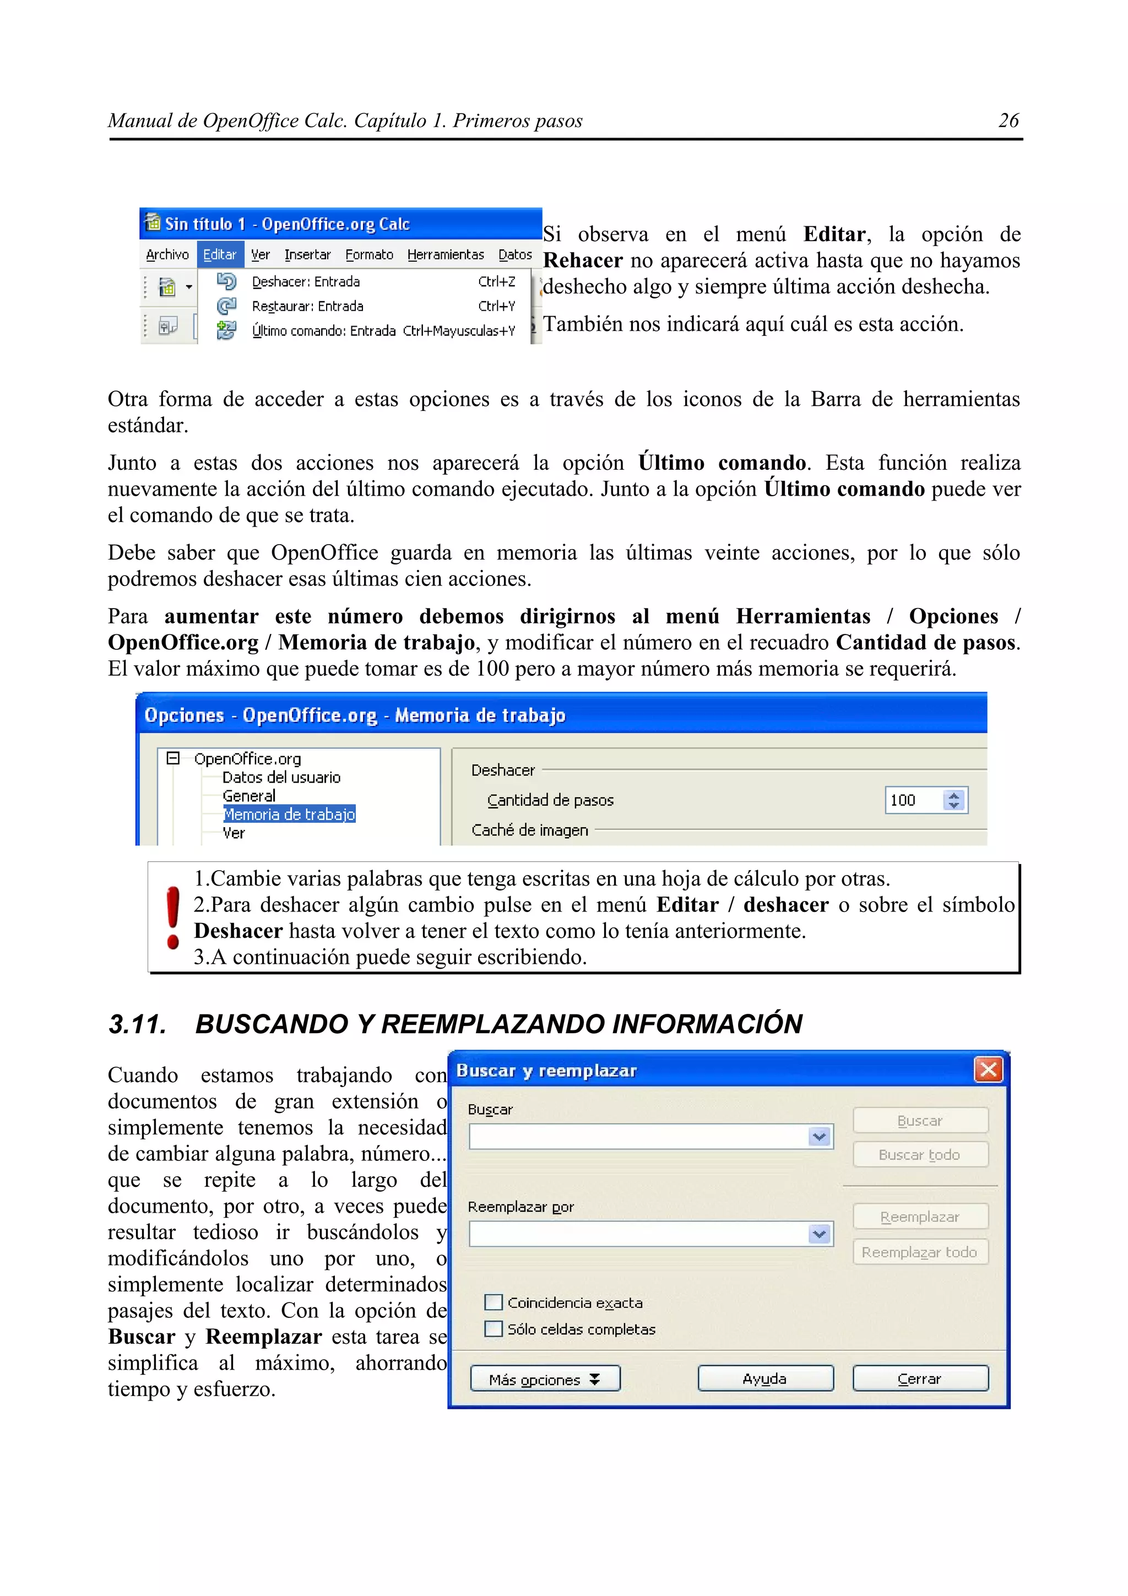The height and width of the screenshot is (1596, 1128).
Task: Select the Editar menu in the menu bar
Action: (220, 254)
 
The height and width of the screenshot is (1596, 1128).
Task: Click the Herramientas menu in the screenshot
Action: (445, 254)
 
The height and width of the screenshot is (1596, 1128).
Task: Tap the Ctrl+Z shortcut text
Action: (496, 281)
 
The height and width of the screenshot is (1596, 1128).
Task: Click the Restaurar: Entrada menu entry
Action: (307, 306)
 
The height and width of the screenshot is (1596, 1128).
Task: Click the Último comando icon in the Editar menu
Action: (226, 330)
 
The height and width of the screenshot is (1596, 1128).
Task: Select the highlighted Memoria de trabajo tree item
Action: (289, 814)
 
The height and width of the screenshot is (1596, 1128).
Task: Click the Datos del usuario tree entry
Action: (281, 777)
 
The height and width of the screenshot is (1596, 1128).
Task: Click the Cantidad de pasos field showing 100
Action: (912, 800)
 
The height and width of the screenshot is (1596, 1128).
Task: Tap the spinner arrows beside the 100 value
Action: (955, 800)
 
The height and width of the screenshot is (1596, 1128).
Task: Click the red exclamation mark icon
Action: (172, 917)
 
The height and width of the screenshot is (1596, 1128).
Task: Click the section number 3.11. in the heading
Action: (137, 1024)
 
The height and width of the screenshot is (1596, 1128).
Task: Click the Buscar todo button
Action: (919, 1155)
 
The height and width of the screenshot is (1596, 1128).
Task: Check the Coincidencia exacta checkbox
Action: (493, 1302)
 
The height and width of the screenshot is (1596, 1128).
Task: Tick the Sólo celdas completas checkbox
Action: (493, 1328)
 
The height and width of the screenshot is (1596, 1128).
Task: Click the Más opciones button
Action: (544, 1379)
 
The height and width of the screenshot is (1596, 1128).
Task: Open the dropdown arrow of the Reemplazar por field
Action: (820, 1234)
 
